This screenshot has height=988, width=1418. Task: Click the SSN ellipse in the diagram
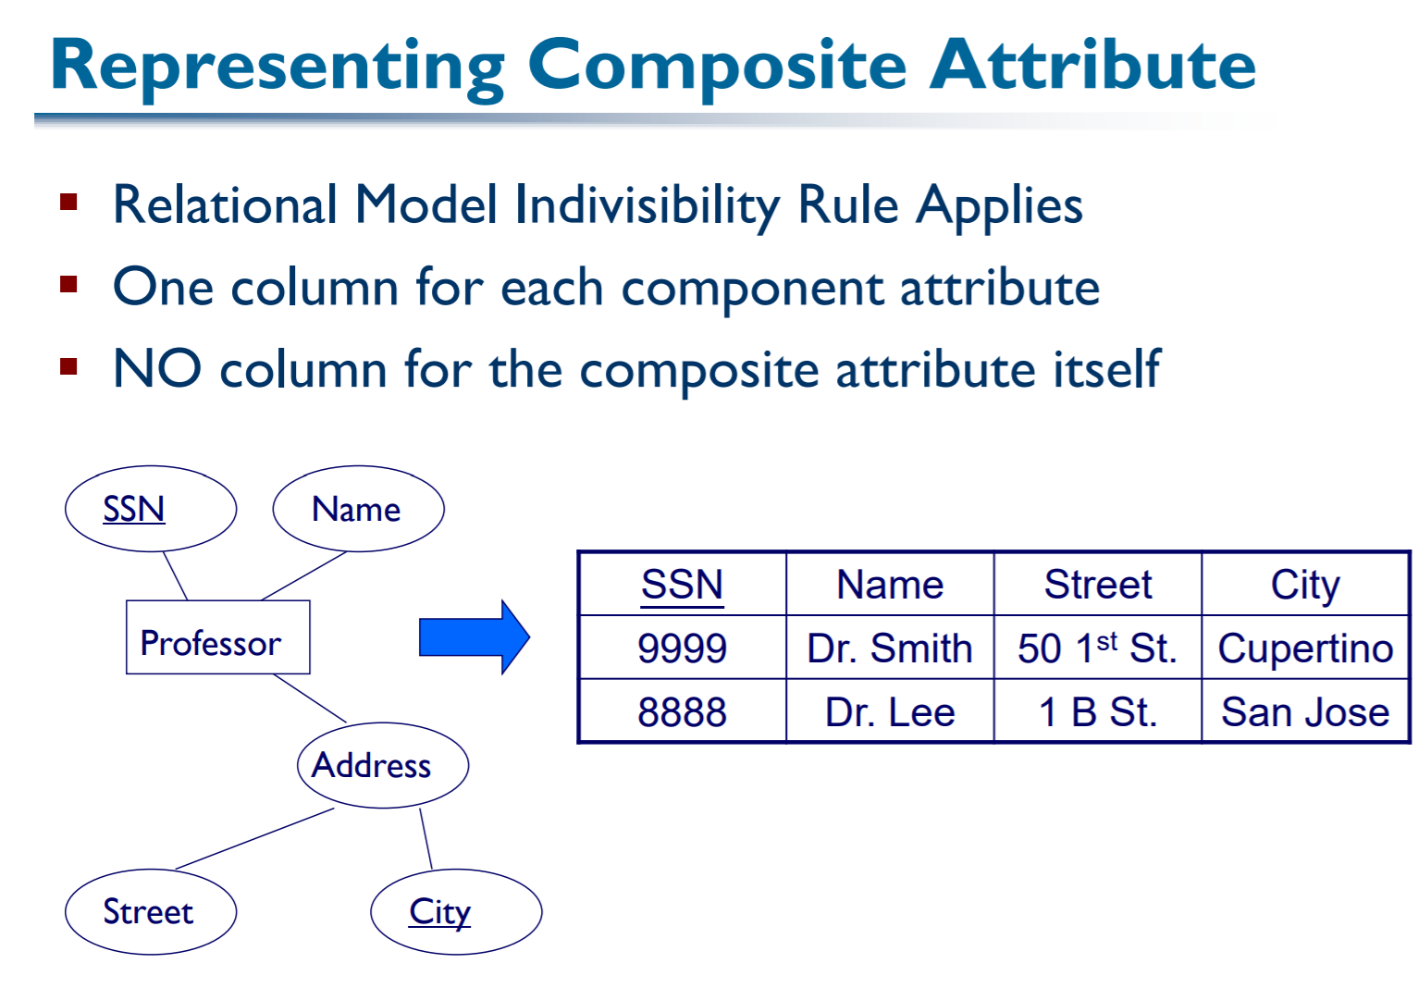tap(151, 509)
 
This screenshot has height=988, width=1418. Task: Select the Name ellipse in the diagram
tap(358, 509)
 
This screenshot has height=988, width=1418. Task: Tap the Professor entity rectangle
tap(217, 637)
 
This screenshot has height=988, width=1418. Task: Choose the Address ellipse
tap(382, 765)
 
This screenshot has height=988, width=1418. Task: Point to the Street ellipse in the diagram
tap(151, 912)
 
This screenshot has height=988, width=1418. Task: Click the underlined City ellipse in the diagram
tap(455, 912)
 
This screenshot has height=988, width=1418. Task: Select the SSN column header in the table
tap(682, 585)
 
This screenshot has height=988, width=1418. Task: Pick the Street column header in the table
tap(1097, 585)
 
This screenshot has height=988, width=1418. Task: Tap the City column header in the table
tap(1304, 585)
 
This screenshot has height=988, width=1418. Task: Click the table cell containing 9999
tap(682, 648)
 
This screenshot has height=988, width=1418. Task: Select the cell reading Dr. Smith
tap(889, 648)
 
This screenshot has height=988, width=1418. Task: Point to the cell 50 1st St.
tap(1097, 648)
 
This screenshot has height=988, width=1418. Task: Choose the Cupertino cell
tap(1304, 648)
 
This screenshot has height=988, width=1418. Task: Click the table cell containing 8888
tap(682, 712)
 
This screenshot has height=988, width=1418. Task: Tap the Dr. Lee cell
tap(889, 712)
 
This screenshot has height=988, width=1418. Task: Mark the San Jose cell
tap(1304, 712)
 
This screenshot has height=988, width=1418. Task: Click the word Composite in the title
tap(717, 67)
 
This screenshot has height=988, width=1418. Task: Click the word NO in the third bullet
tap(156, 369)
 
